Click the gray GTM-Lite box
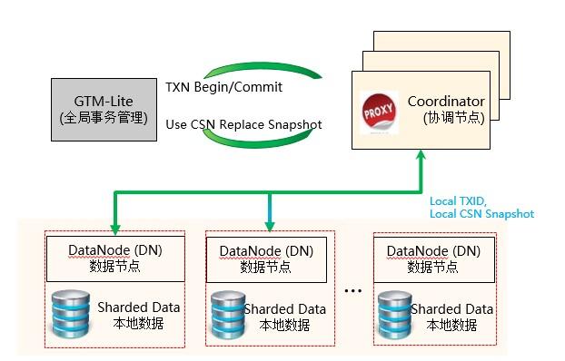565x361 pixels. pyautogui.click(x=103, y=109)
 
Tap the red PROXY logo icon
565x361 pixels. pyautogui.click(x=379, y=112)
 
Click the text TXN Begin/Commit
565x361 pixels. pyautogui.click(x=223, y=88)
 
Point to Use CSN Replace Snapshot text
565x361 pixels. pyautogui.click(x=243, y=123)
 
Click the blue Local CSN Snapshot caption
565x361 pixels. pyautogui.click(x=481, y=213)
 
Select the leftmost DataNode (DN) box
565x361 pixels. pyautogui.click(x=114, y=258)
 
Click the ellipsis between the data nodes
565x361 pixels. pyautogui.click(x=355, y=291)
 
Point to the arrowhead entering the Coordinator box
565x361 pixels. pyautogui.click(x=421, y=157)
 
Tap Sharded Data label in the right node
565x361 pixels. pyautogui.click(x=451, y=309)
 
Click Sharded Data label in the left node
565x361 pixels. pyautogui.click(x=138, y=307)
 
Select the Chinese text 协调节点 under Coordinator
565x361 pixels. pyautogui.click(x=450, y=118)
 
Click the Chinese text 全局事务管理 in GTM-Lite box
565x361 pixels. pyautogui.click(x=103, y=118)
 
